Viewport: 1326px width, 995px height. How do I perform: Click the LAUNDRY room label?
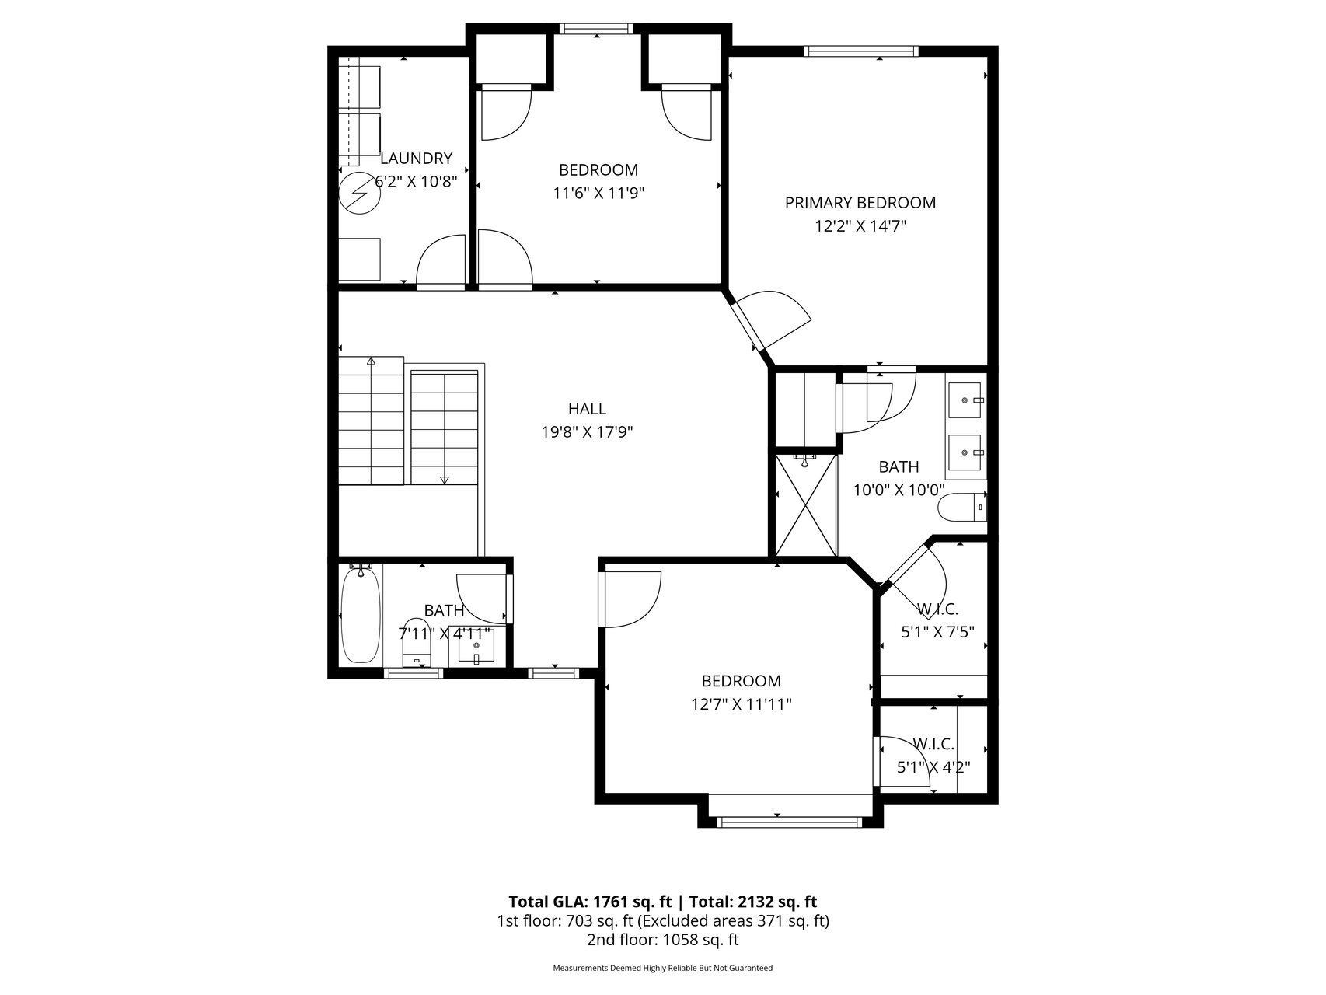click(x=416, y=159)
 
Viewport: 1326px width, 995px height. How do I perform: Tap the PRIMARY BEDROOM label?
click(x=860, y=203)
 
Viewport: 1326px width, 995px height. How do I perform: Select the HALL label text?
click(x=587, y=409)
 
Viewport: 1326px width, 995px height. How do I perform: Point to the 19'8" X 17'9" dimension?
click(x=587, y=432)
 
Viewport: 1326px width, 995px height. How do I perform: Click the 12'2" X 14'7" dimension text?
click(x=860, y=226)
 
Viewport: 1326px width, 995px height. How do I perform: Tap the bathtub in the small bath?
click(x=360, y=615)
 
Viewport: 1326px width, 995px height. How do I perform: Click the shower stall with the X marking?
click(x=807, y=505)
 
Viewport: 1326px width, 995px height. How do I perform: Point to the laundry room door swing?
click(x=441, y=261)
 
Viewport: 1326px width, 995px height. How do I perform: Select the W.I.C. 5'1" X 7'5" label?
click(x=937, y=620)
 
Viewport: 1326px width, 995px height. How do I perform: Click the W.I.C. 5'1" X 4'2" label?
click(x=933, y=756)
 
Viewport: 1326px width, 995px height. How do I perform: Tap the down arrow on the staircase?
click(x=445, y=480)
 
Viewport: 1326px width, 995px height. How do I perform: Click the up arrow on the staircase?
click(x=372, y=361)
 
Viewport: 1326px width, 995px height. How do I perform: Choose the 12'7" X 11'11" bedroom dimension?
click(x=741, y=705)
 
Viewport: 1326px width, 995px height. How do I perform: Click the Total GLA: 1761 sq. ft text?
click(x=591, y=902)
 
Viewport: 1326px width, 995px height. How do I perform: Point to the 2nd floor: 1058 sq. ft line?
click(x=662, y=940)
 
